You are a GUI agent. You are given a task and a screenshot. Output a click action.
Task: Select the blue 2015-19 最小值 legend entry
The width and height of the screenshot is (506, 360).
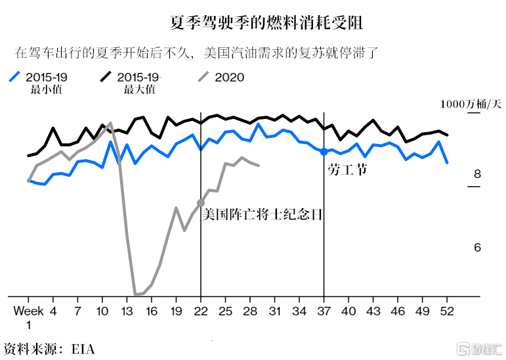click(40, 82)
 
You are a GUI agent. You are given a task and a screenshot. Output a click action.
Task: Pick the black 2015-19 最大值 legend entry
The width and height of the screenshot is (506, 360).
click(132, 82)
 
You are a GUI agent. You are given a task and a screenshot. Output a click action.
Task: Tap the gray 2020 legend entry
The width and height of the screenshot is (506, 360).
click(222, 78)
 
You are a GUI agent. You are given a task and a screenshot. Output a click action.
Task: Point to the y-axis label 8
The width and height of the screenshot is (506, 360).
click(477, 174)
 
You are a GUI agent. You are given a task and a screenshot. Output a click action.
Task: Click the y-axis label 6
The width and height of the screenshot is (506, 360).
click(477, 248)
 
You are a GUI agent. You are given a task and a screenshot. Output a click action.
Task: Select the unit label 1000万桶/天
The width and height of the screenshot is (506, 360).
click(470, 104)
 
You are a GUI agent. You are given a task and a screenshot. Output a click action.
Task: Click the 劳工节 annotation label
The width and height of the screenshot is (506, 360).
click(346, 170)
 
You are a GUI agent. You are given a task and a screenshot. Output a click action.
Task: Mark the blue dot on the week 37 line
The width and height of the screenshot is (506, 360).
click(324, 152)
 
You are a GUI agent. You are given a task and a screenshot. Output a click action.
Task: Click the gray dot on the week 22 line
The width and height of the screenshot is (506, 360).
click(200, 202)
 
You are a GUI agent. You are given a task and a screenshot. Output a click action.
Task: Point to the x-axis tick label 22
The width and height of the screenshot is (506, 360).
click(200, 310)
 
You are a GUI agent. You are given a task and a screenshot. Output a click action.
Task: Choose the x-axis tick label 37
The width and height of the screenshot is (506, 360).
click(324, 310)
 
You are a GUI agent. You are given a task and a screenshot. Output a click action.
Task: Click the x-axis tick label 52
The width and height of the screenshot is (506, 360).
click(447, 310)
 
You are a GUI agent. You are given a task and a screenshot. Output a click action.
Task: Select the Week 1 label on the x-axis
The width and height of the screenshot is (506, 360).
click(29, 316)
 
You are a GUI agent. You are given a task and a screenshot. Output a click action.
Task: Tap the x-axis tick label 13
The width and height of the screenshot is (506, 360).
click(127, 310)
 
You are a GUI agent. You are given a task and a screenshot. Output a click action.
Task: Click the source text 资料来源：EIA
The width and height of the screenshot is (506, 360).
click(49, 348)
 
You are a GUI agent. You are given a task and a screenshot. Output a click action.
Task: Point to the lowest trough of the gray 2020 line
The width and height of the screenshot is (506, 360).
click(136, 294)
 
